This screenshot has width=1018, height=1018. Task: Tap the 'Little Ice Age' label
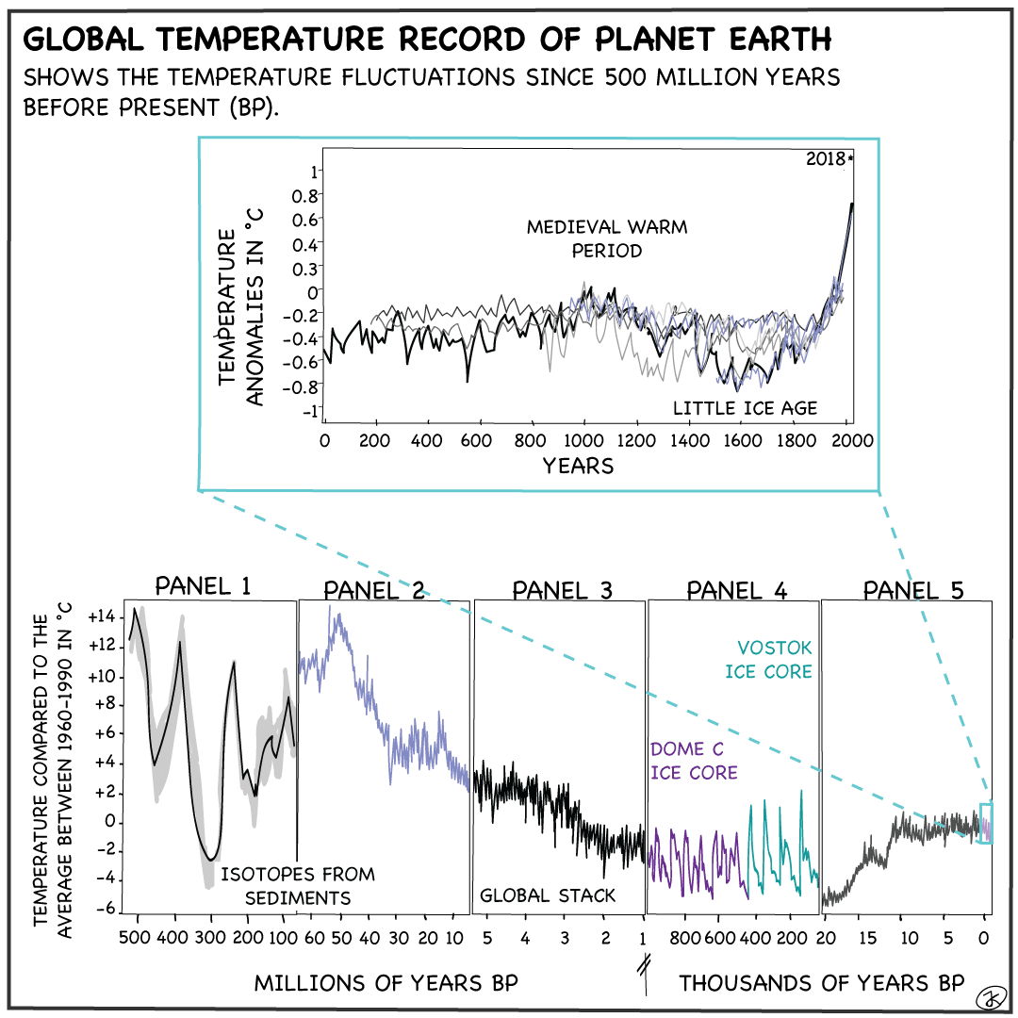745,408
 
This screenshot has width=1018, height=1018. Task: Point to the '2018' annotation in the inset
828,159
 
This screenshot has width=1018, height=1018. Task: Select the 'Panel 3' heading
562,590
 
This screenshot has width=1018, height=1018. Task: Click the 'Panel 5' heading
913,590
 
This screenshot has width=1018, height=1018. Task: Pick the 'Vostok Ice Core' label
774,660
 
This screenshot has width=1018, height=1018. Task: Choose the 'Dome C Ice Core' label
693,761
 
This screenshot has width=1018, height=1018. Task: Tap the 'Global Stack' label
548,895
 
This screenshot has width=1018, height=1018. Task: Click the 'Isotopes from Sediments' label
298,886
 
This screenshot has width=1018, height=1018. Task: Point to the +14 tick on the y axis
100,616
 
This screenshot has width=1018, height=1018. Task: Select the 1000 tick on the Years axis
584,440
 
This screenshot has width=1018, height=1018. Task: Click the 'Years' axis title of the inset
578,465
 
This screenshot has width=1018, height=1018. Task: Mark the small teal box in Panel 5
986,823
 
